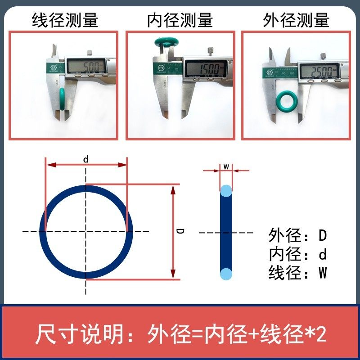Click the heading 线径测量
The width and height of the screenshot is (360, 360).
(65, 20)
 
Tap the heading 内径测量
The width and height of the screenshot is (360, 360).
(180, 20)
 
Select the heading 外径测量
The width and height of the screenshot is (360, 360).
(297, 20)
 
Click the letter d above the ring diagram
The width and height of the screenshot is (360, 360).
(85, 159)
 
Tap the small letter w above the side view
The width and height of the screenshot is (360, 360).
(226, 166)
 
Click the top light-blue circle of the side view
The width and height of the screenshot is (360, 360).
(226, 190)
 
